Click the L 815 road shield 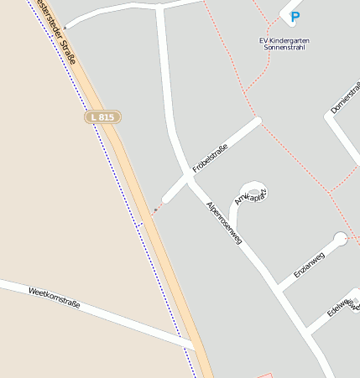coord(102,117)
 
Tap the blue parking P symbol coord(295,16)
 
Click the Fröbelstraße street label coord(211,157)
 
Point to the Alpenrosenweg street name coord(224,222)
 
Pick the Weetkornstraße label coord(54,298)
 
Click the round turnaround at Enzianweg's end coord(340,239)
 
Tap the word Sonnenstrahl coord(284,49)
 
